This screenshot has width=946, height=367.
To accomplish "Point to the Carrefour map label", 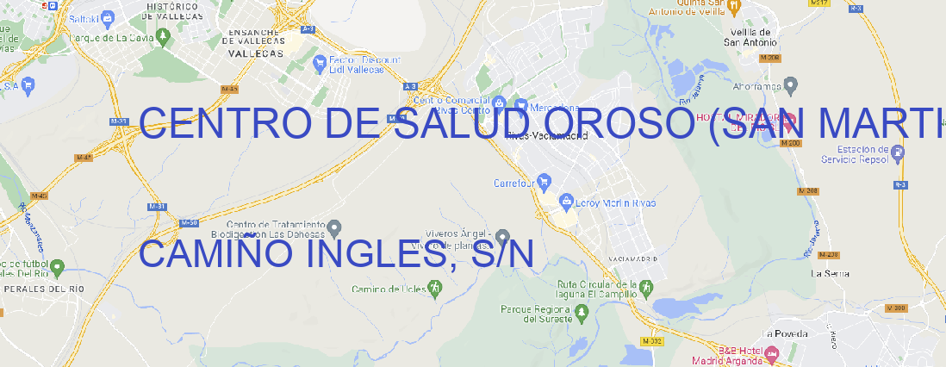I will tap(515, 183).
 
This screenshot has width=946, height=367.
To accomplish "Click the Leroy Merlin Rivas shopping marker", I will tap(566, 202).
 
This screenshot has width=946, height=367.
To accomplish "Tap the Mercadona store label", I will tap(551, 108).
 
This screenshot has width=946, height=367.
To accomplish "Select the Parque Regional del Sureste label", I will tap(536, 314).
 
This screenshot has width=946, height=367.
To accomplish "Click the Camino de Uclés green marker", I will tap(434, 289).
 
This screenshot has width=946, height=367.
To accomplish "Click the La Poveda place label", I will tap(786, 333).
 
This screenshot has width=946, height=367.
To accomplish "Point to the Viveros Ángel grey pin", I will tap(503, 235).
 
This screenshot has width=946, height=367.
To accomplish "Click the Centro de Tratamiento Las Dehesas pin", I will tap(335, 227).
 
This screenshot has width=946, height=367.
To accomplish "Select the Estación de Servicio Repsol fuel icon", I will tap(898, 153).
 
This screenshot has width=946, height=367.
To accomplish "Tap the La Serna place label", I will tap(831, 273).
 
